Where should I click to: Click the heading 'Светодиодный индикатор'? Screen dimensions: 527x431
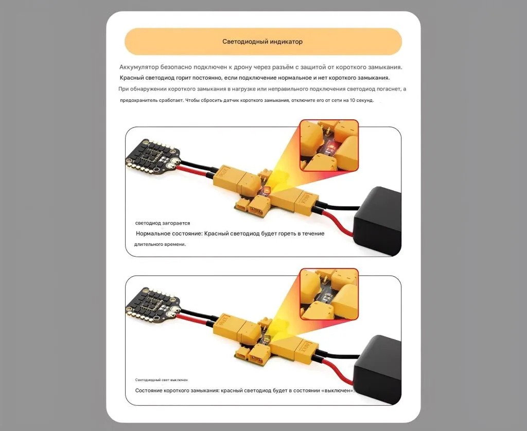click(262, 42)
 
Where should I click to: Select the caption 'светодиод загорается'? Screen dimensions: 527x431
click(162, 223)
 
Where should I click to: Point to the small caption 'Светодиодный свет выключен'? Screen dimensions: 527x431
click(161, 380)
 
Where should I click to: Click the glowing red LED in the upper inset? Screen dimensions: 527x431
click(330, 147)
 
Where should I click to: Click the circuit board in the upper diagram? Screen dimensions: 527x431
click(153, 154)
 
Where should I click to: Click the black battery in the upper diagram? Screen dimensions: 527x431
click(378, 219)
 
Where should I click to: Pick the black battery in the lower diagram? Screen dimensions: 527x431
click(378, 368)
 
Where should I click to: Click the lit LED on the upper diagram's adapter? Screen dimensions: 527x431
click(267, 190)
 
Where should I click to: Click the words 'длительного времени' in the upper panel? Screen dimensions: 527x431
click(160, 244)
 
